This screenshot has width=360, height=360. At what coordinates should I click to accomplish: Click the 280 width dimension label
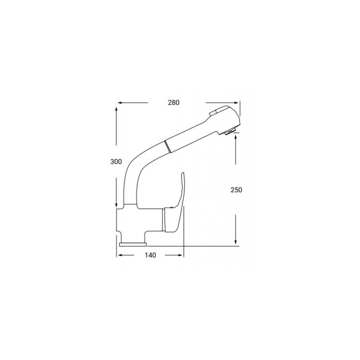click(x=174, y=103)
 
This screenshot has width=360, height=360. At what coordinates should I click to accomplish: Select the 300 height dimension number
click(x=116, y=162)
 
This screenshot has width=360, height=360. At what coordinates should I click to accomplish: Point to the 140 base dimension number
click(x=150, y=256)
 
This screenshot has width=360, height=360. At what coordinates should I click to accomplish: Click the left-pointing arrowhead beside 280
click(x=119, y=103)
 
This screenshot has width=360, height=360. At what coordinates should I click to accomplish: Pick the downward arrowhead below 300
click(x=117, y=205)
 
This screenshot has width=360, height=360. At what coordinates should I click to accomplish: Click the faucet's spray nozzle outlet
click(x=230, y=131)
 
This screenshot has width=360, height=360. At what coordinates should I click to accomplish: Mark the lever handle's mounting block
click(x=173, y=220)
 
